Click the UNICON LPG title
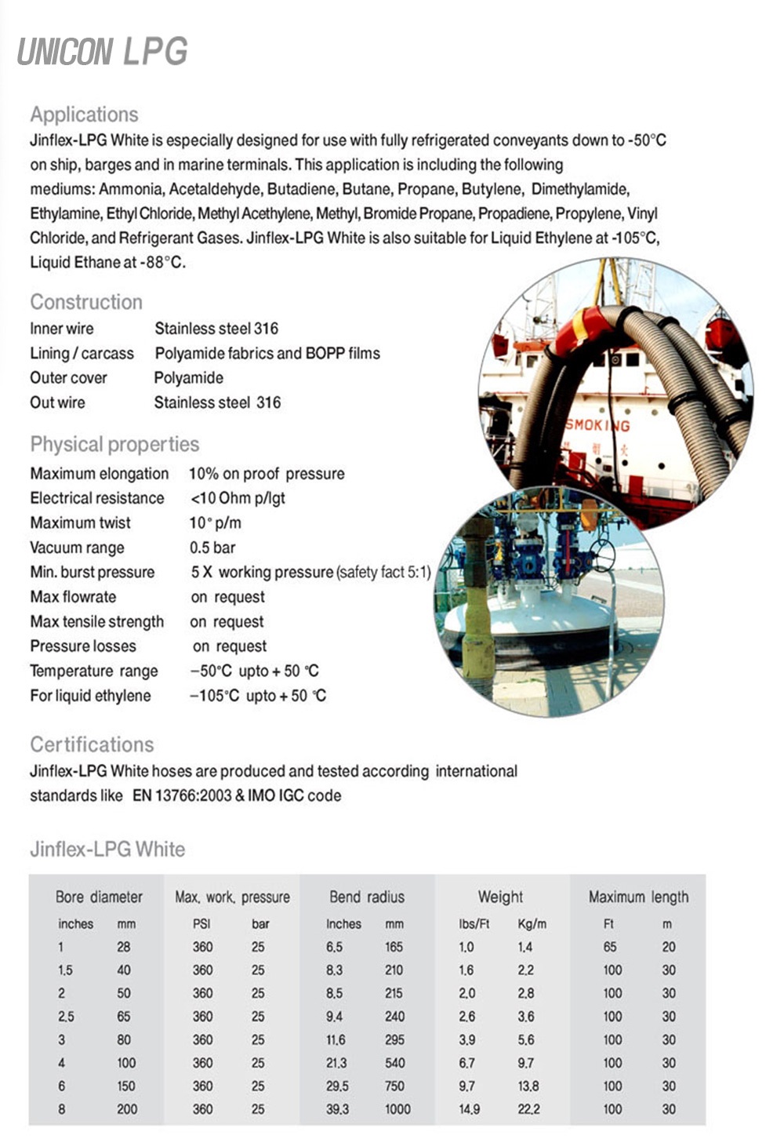103,52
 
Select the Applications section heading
84,115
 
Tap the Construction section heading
86,302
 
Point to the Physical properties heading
114,444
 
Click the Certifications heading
92,744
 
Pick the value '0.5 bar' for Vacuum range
212,548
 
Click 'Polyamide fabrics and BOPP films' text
267,353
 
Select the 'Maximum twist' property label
80,522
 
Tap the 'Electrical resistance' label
97,498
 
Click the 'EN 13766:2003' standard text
182,795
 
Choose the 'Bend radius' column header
367,897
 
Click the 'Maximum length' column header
638,897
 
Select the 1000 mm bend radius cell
397,1109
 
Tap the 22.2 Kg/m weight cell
528,1109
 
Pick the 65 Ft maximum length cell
609,947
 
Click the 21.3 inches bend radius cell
336,1063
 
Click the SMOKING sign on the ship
597,425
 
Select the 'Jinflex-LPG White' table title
107,849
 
